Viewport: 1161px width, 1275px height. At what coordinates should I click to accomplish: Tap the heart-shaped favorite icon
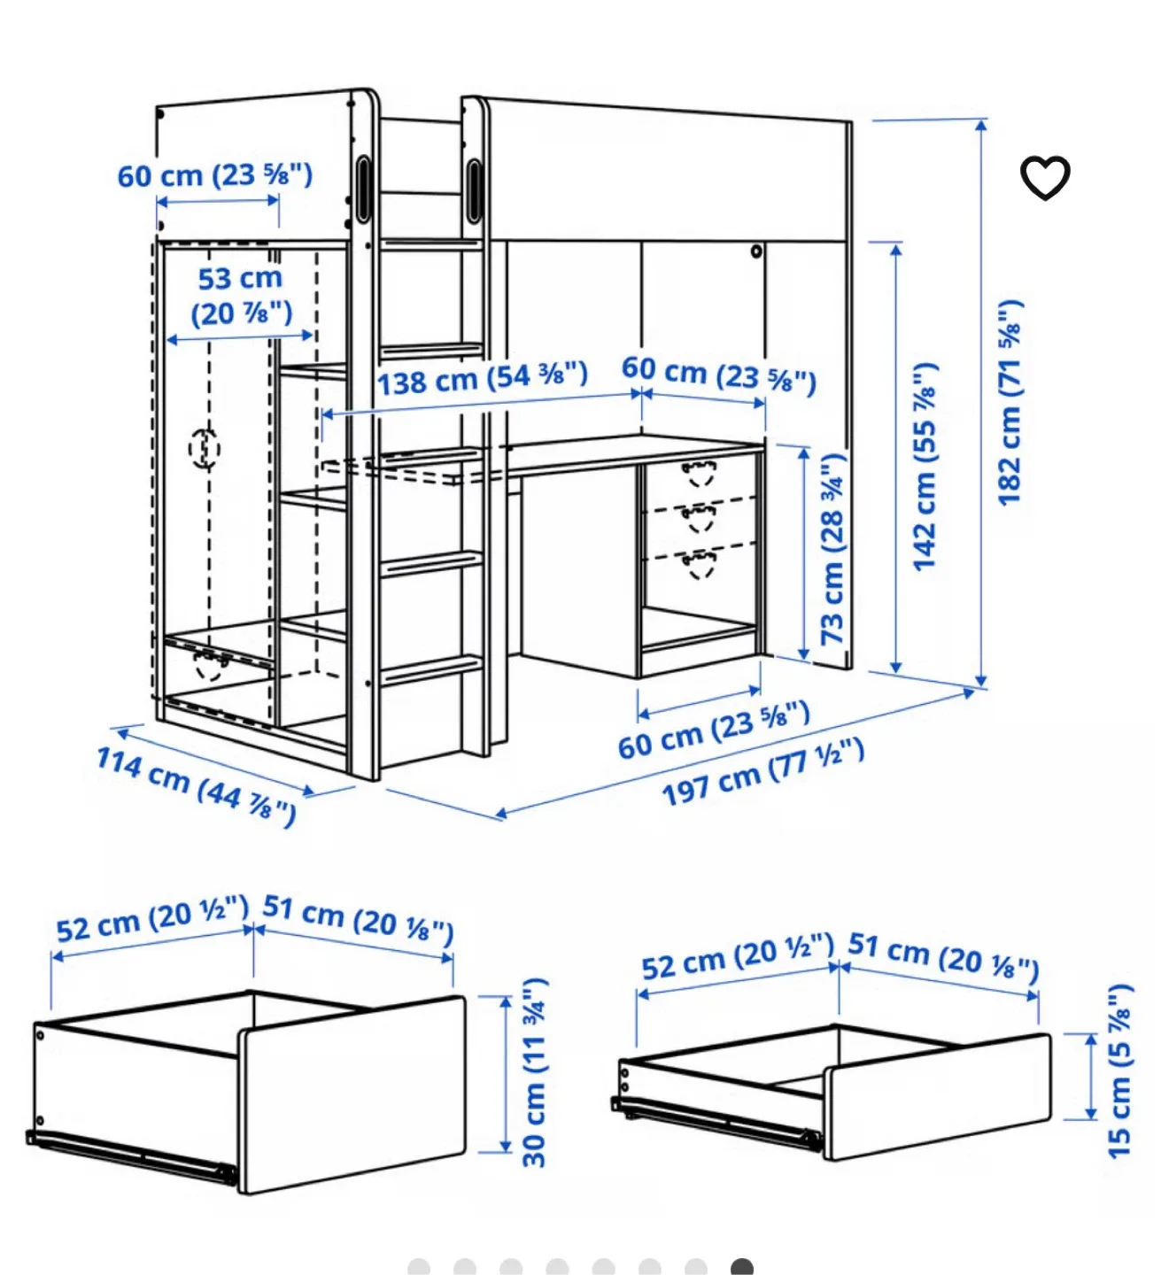pos(1045,178)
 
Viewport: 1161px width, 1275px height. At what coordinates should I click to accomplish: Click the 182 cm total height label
pos(1010,403)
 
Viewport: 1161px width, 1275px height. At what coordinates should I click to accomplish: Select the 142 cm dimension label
pos(925,467)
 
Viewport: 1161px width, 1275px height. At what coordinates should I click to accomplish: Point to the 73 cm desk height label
pos(832,549)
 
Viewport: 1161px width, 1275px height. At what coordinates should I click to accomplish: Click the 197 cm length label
pos(762,772)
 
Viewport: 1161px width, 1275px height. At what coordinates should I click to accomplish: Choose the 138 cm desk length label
pos(483,379)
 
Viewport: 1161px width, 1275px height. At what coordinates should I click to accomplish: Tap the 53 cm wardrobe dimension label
pos(241,296)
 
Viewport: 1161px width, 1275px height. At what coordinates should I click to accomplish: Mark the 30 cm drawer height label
pos(535,1072)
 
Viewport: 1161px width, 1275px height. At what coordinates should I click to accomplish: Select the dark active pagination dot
pos(742,1267)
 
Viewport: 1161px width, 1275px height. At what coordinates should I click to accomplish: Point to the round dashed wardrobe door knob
pos(204,448)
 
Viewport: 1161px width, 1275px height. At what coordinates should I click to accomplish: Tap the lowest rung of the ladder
pos(431,669)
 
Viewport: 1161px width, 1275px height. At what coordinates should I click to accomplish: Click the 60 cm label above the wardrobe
pos(215,175)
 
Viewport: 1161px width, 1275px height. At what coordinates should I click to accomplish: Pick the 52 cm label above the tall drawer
pos(151,919)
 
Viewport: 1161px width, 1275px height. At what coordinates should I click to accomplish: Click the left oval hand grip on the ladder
pos(363,189)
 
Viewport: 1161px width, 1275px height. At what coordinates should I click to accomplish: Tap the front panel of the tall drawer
pos(352,1094)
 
